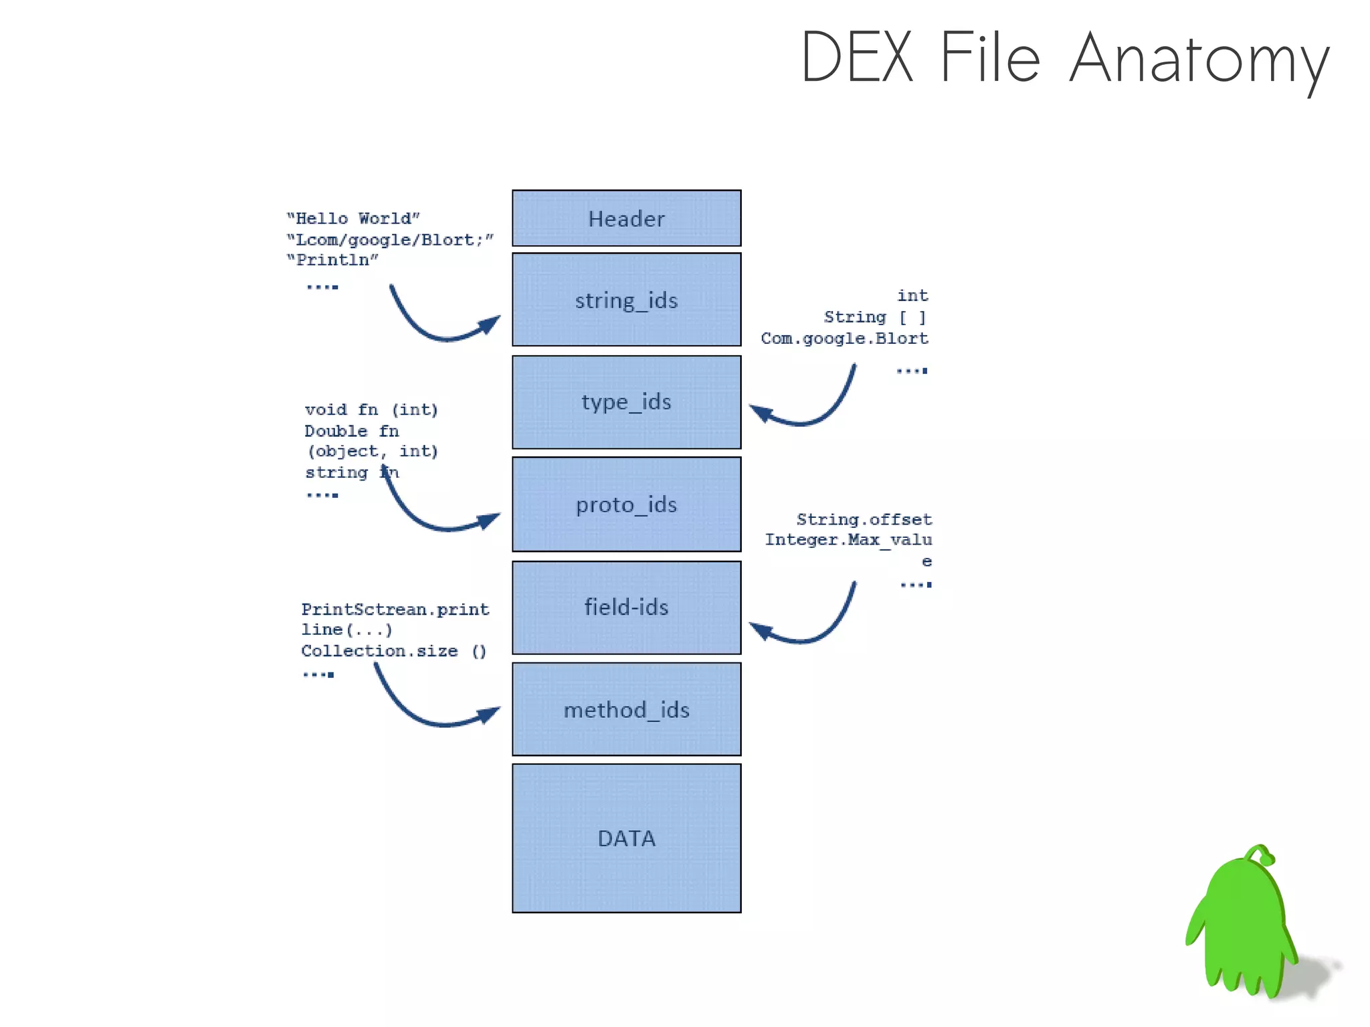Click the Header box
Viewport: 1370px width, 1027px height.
coord(626,218)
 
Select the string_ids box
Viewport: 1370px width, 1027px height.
coord(626,300)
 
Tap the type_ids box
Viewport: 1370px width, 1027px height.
coord(626,402)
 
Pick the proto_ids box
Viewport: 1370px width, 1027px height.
coord(626,504)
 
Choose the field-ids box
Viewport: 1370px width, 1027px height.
coord(626,608)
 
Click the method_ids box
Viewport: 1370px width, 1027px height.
coord(626,709)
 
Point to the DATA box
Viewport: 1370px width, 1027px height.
coord(626,838)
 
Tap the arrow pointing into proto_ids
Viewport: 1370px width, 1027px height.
coord(435,522)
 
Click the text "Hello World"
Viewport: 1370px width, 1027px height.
coord(353,219)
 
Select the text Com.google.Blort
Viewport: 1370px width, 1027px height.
coord(844,339)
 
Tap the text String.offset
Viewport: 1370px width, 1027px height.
coord(864,519)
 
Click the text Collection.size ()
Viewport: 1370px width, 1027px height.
coord(393,651)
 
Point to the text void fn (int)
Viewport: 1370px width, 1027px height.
coord(371,409)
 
